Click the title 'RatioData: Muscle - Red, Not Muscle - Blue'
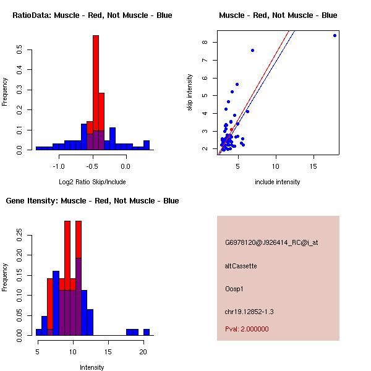(x=92, y=15)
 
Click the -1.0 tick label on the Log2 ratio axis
(x=59, y=166)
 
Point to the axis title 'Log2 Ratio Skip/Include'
(x=92, y=182)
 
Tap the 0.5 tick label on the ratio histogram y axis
(x=20, y=50)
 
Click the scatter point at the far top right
(x=335, y=35)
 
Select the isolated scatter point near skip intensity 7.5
(x=252, y=50)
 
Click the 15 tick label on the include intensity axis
(x=314, y=166)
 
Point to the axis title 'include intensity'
(x=278, y=182)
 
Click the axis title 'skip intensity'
(x=190, y=93)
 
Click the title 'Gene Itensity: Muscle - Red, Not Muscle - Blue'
(x=92, y=201)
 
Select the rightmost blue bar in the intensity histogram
(x=147, y=332)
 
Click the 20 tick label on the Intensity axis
(x=143, y=351)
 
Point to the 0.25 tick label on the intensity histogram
(x=20, y=235)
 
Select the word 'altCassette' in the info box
(x=241, y=266)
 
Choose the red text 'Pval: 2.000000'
(x=247, y=329)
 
